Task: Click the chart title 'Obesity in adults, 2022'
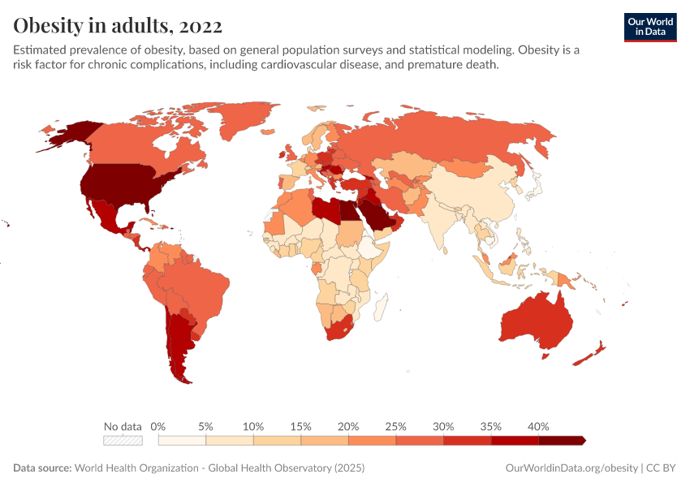118,26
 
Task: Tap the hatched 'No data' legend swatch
123,440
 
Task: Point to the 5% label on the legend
206,426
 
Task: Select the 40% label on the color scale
538,426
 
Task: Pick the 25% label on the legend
396,426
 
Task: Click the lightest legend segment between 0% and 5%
183,440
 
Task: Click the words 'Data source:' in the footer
42,468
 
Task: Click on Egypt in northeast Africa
347,213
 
